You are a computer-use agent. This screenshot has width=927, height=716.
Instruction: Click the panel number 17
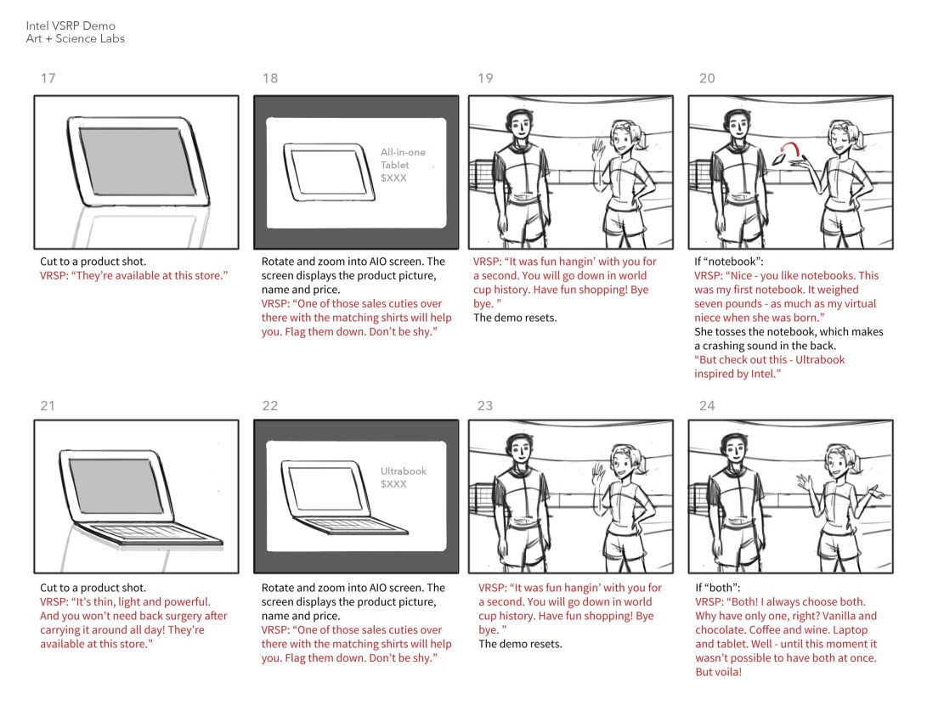pyautogui.click(x=48, y=78)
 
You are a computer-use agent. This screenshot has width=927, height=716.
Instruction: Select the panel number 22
pyautogui.click(x=270, y=405)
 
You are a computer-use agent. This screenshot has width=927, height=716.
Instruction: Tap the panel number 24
pyautogui.click(x=707, y=405)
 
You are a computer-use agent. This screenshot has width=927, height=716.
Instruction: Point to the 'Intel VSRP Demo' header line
pyautogui.click(x=71, y=25)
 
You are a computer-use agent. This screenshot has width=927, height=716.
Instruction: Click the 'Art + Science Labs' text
pyautogui.click(x=75, y=38)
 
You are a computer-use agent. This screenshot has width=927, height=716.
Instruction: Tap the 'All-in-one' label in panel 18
pyautogui.click(x=403, y=152)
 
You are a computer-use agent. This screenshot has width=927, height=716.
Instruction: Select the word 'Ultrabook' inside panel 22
pyautogui.click(x=404, y=471)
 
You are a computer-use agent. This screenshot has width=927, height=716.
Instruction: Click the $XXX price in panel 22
pyautogui.click(x=393, y=484)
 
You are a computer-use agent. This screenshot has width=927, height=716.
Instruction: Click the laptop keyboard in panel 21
pyautogui.click(x=148, y=531)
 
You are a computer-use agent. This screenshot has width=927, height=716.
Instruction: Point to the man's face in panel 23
pyautogui.click(x=520, y=450)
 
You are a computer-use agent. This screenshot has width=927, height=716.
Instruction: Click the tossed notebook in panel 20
pyautogui.click(x=780, y=160)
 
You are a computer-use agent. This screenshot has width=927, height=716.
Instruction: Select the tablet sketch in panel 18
pyautogui.click(x=329, y=172)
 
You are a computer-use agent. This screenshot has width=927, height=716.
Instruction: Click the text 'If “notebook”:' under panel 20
pyautogui.click(x=729, y=261)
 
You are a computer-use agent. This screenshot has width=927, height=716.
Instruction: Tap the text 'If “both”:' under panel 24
pyautogui.click(x=718, y=588)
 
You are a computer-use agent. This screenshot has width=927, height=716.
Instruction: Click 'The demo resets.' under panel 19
pyautogui.click(x=515, y=318)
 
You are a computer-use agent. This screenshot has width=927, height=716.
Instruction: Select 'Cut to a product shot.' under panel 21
pyautogui.click(x=93, y=588)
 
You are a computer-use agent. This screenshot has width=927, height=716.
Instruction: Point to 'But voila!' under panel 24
pyautogui.click(x=718, y=673)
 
